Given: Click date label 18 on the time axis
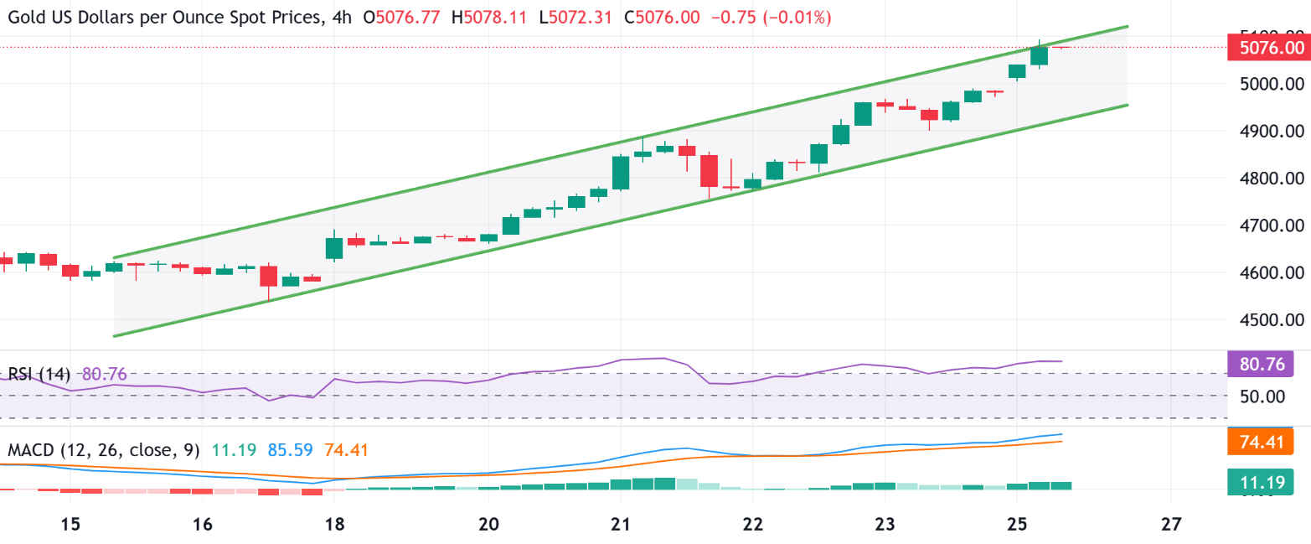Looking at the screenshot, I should (333, 525).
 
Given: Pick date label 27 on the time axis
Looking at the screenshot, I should (1171, 525).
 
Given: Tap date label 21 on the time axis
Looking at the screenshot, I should (620, 525).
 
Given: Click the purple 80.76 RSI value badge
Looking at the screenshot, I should (1259, 365).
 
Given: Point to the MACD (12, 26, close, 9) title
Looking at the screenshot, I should (103, 450).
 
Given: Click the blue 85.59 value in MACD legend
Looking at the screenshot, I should (290, 450).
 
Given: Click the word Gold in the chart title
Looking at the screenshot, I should (23, 17).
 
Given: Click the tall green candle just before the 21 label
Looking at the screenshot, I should (621, 172).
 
